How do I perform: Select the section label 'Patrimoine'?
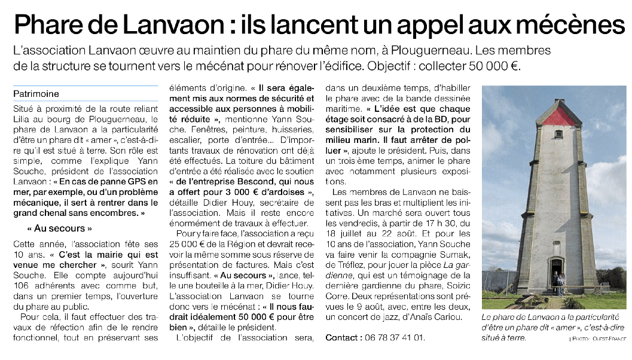pos(37,94)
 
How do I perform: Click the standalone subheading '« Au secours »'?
pos(59,228)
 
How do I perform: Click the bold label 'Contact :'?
pos(343,338)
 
